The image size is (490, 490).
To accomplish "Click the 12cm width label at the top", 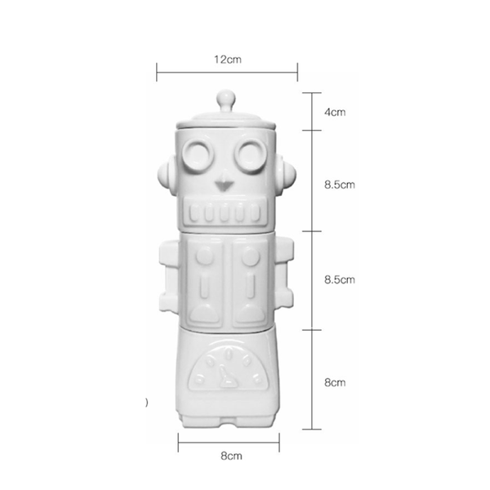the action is (x=228, y=60).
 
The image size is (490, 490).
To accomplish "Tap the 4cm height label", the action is (x=335, y=112).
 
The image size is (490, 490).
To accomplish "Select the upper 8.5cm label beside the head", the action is (x=340, y=185).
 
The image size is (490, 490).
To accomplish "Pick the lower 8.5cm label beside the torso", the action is (x=340, y=279).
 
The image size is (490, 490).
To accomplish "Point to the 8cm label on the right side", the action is (x=335, y=382).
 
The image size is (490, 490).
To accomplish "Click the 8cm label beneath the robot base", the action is (x=231, y=456).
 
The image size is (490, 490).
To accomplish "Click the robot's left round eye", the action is (x=198, y=155).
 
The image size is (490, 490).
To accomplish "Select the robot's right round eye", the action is (x=252, y=155).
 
